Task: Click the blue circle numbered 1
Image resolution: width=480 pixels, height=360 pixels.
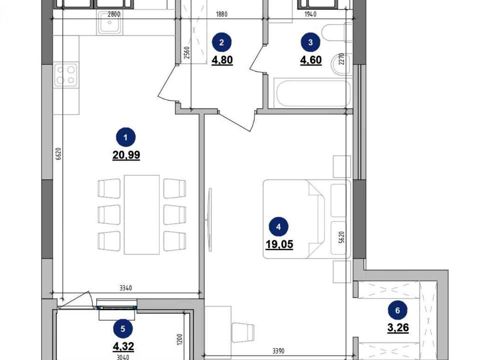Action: pyautogui.click(x=126, y=137)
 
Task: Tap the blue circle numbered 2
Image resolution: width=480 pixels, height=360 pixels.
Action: pyautogui.click(x=221, y=42)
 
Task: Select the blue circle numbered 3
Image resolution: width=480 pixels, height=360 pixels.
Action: pyautogui.click(x=310, y=42)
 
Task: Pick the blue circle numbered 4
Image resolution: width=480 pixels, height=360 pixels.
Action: pyautogui.click(x=278, y=227)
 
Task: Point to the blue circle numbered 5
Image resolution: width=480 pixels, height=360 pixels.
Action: pyautogui.click(x=123, y=329)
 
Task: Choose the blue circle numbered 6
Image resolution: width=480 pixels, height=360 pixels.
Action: pyautogui.click(x=397, y=310)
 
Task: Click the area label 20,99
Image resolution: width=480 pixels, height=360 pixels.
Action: pyautogui.click(x=126, y=155)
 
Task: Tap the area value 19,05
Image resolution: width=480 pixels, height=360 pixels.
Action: pyautogui.click(x=279, y=244)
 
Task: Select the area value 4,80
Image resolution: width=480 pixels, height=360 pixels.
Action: pyautogui.click(x=222, y=60)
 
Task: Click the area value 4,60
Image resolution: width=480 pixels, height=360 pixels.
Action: pyautogui.click(x=310, y=60)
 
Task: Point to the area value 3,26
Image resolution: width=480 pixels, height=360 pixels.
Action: pyautogui.click(x=398, y=328)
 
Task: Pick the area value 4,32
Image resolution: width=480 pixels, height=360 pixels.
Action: pyautogui.click(x=123, y=346)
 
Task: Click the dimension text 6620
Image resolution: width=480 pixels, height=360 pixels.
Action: pyautogui.click(x=59, y=154)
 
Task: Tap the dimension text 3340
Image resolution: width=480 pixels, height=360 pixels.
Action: pyautogui.click(x=125, y=288)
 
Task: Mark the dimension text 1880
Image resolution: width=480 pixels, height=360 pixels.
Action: pyautogui.click(x=221, y=14)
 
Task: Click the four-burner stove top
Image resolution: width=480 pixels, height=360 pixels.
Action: pyautogui.click(x=66, y=75)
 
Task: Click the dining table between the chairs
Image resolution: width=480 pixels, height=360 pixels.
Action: pyautogui.click(x=141, y=214)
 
